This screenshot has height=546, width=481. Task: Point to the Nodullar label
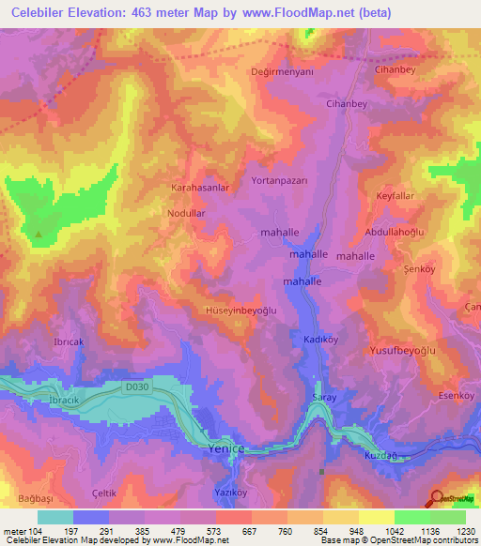click(185, 214)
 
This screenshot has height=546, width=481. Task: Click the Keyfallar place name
click(396, 195)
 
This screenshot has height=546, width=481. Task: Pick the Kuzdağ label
click(381, 454)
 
